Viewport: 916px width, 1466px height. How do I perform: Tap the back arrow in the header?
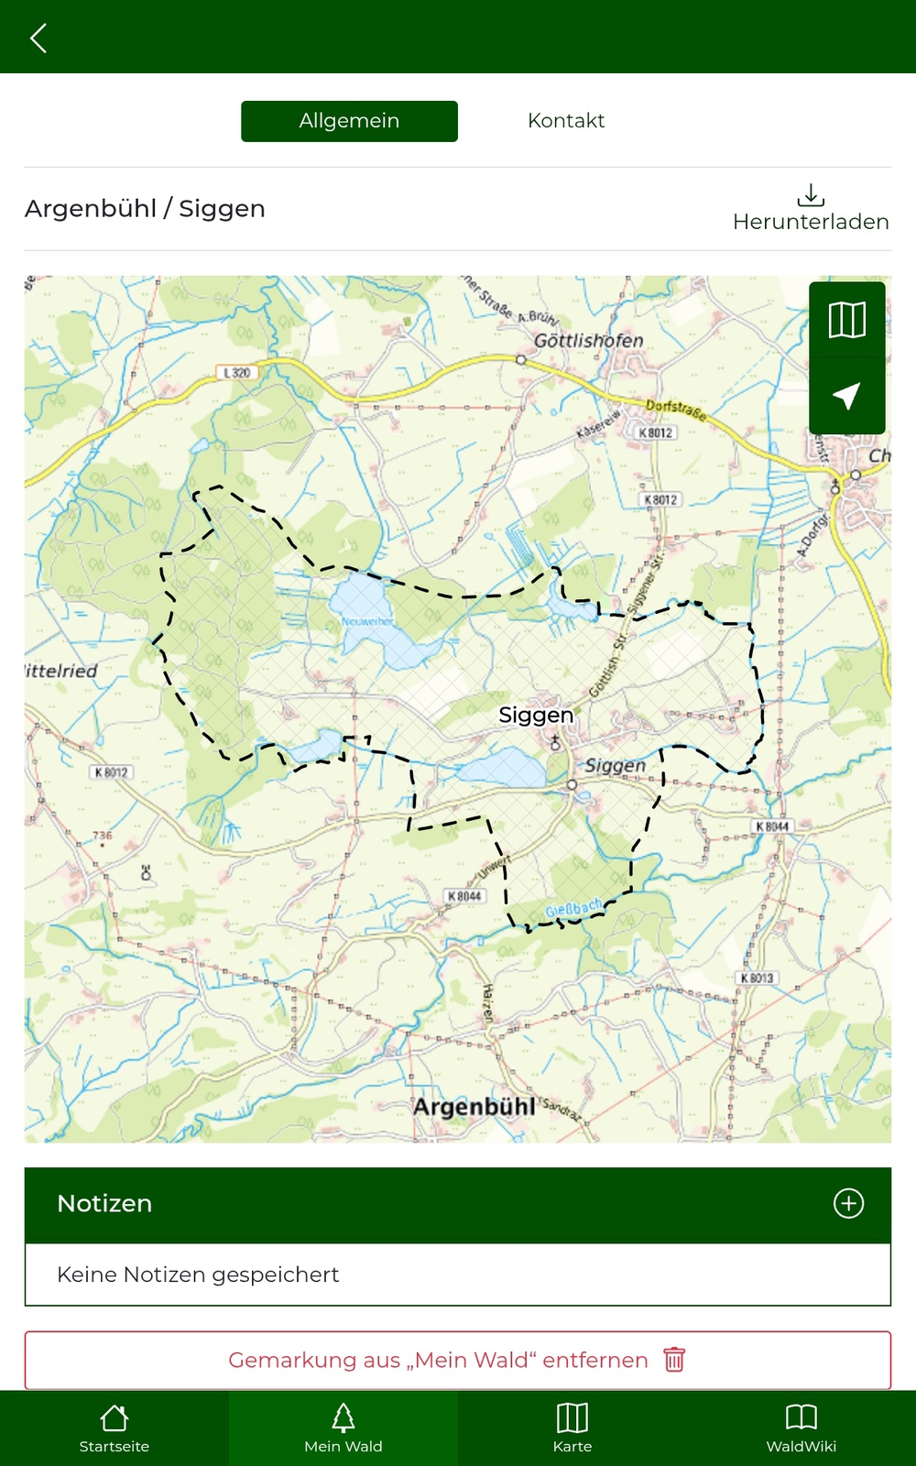tap(38, 38)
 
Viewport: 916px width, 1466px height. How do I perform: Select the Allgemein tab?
tap(349, 121)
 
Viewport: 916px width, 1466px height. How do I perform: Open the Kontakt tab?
tap(566, 121)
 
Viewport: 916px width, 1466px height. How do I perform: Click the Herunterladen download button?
tap(811, 208)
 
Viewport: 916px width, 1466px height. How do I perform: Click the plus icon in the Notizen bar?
tap(848, 1203)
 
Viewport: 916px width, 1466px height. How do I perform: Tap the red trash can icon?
tap(674, 1360)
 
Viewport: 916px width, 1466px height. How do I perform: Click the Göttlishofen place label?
tap(588, 341)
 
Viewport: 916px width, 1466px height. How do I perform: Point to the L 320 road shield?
tap(237, 373)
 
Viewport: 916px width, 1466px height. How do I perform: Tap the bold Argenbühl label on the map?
tap(474, 1107)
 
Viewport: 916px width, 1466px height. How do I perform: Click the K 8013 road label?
tap(757, 979)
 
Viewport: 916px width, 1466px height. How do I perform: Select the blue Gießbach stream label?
tap(574, 909)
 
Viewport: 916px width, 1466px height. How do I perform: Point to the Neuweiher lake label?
tap(367, 621)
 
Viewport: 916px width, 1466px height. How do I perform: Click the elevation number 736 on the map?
tap(103, 836)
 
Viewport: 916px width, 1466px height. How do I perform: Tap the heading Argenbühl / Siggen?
tap(145, 209)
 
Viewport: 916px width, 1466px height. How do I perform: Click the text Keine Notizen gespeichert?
tap(198, 1275)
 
